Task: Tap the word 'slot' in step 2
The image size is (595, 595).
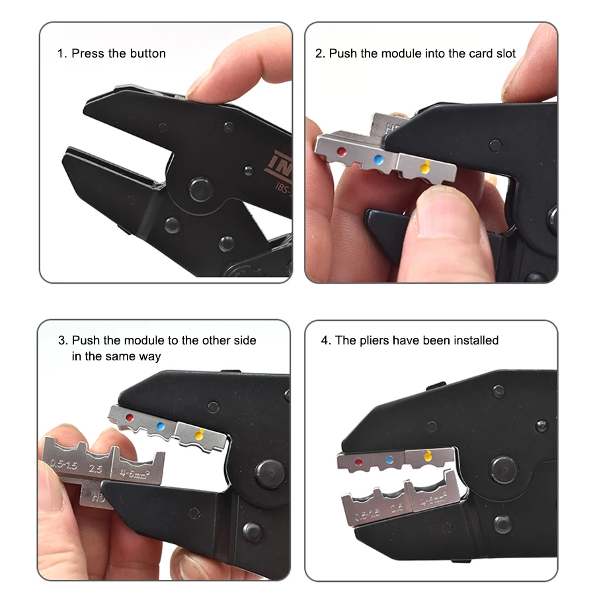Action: coord(504,53)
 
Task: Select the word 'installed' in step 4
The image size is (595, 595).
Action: coord(475,340)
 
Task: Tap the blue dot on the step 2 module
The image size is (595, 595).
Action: coord(378,159)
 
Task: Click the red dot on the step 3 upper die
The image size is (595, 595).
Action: coord(131,418)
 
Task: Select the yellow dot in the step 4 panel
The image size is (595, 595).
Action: coord(426,456)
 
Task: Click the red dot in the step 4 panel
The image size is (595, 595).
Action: coord(359,462)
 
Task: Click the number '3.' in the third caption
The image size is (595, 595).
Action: coord(63,340)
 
